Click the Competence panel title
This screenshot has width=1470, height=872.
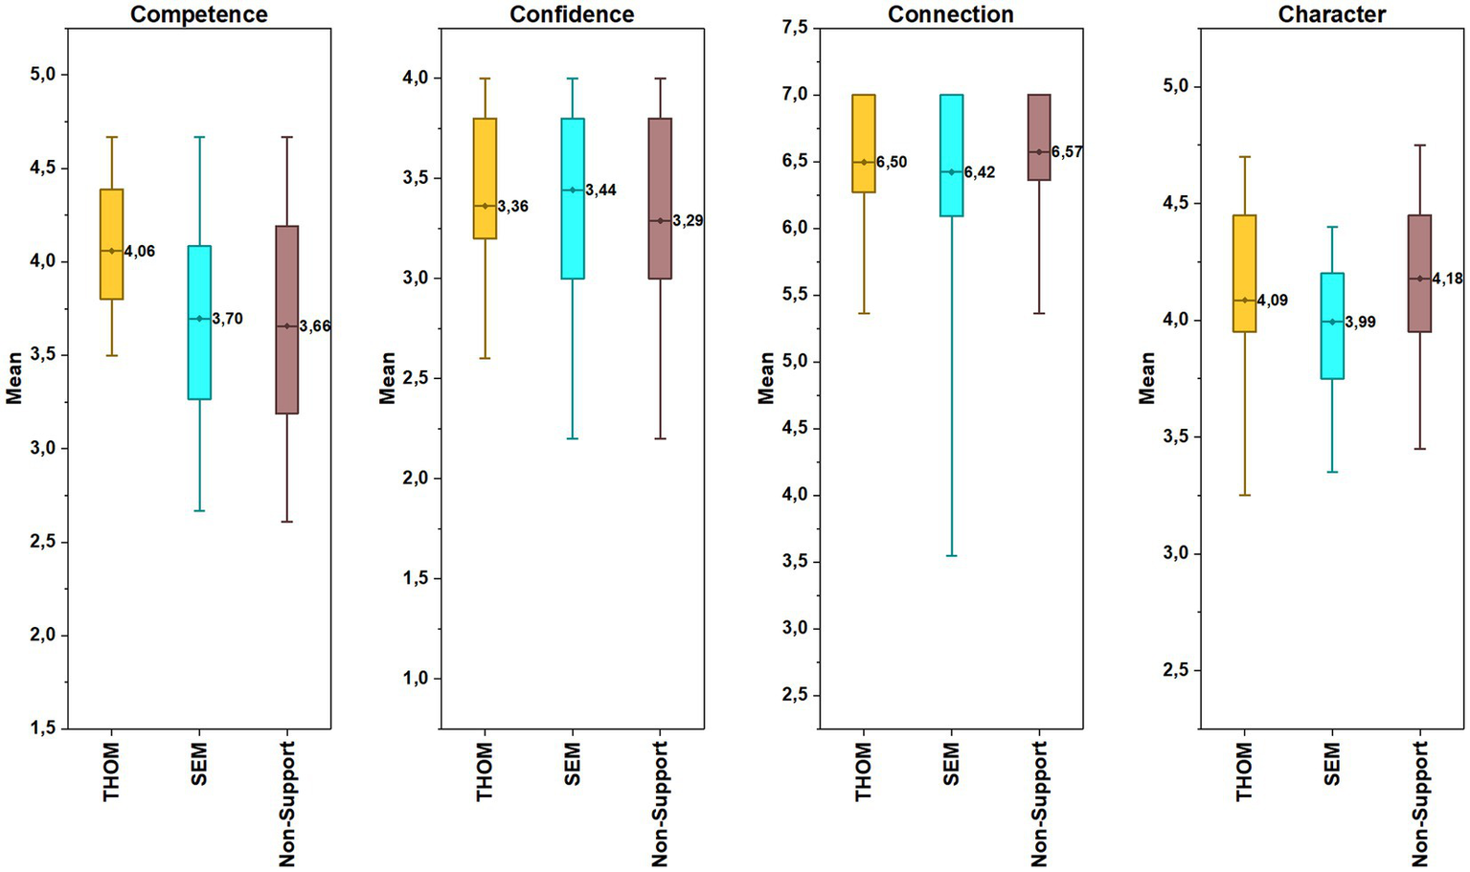[199, 14]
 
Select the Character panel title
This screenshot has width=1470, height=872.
[1331, 14]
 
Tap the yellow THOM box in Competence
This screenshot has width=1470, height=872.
[112, 244]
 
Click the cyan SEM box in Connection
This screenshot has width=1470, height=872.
[951, 155]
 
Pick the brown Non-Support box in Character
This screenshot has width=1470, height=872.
[1419, 273]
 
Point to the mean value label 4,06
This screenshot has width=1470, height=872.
[139, 252]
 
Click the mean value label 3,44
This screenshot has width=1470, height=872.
[600, 190]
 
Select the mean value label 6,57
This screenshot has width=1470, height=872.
[1067, 152]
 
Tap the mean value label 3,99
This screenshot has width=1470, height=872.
[1360, 323]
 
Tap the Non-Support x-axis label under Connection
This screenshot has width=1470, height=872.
[1039, 804]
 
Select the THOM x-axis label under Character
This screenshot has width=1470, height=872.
[1244, 771]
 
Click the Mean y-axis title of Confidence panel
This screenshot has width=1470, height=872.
[387, 378]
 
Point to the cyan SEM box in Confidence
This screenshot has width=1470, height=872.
[573, 198]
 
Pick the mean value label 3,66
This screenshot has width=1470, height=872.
[314, 326]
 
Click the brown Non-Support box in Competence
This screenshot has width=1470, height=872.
[287, 320]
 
